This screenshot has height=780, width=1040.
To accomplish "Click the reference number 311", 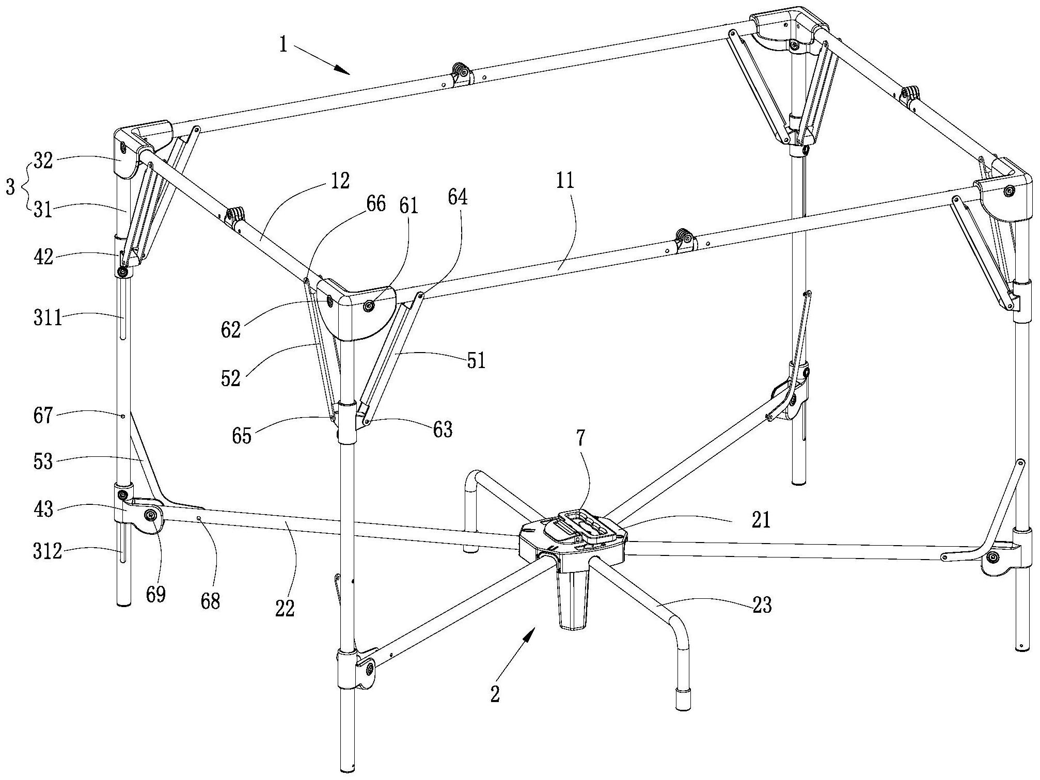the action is (x=47, y=319).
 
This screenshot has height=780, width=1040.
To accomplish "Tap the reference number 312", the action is (x=47, y=552).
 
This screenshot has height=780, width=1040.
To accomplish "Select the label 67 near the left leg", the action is (x=43, y=416).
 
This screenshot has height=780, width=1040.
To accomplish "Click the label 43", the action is (x=43, y=510).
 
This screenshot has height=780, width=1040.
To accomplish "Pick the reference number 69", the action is (x=155, y=594).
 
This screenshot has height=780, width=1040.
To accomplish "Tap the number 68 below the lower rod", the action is (x=211, y=601).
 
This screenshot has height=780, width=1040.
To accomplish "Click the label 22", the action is (x=285, y=609).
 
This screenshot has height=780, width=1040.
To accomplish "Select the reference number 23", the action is (x=762, y=605).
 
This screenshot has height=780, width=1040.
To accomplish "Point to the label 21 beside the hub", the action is (x=761, y=520).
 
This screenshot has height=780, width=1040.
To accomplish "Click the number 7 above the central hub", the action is (x=581, y=438).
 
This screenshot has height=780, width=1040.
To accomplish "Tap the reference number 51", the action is (x=477, y=360).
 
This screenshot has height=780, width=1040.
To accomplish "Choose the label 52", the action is (x=231, y=378).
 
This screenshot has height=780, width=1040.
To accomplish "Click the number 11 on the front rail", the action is (x=565, y=181).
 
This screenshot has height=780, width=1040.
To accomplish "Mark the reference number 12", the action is (x=340, y=181).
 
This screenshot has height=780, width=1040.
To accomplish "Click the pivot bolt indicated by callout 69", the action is (x=151, y=515).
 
